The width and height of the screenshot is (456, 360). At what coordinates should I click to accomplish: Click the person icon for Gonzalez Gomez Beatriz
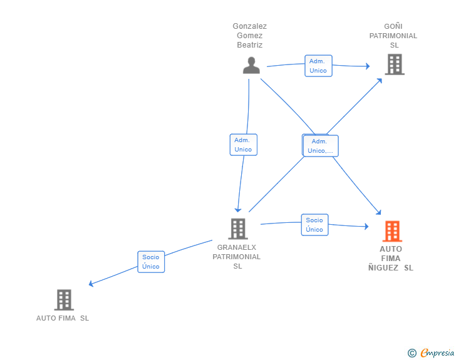(251, 65)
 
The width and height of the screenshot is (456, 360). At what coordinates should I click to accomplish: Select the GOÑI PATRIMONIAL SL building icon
(394, 64)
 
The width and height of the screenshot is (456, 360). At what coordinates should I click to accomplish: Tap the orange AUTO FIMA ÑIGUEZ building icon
(392, 231)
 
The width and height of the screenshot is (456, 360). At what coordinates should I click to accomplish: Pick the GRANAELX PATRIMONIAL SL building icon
(238, 229)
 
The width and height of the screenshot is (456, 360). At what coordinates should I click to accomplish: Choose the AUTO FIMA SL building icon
(64, 300)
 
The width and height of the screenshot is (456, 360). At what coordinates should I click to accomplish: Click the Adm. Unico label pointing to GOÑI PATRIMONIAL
(318, 66)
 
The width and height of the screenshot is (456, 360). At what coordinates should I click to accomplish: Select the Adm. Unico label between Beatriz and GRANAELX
(243, 145)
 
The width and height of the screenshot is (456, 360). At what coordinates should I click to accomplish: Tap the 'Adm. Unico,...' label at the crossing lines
(321, 146)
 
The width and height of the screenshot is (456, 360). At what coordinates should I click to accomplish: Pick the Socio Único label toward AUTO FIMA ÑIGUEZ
(314, 225)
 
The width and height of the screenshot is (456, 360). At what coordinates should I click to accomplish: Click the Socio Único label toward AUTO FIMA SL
(151, 262)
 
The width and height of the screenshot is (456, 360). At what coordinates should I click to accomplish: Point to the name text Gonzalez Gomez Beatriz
(249, 36)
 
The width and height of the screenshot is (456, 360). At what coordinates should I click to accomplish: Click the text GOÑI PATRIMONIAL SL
(393, 36)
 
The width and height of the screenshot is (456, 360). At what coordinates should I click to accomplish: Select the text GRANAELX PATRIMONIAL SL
(237, 257)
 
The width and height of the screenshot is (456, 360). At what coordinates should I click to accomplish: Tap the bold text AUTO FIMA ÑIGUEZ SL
(391, 258)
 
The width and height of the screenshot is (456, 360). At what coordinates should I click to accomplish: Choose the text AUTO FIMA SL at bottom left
(63, 318)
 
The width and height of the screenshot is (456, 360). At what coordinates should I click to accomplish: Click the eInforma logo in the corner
(437, 353)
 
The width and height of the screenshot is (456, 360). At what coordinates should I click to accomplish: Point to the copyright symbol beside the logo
(412, 354)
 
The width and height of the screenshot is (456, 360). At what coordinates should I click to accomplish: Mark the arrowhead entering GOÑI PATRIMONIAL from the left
(367, 66)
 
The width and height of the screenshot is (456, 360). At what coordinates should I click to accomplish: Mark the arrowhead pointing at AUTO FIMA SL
(91, 284)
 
